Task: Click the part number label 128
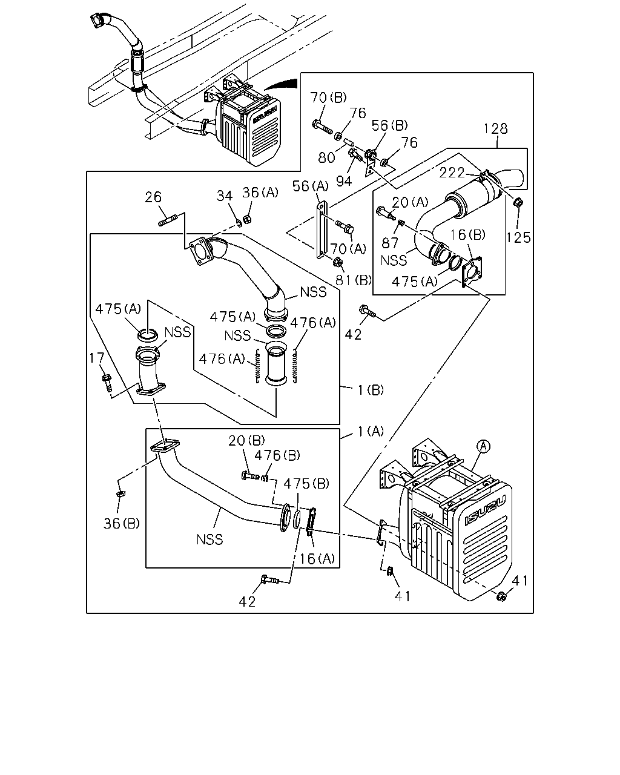(495, 128)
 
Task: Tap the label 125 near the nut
(518, 237)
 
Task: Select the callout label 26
(153, 197)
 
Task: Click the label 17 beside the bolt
(97, 358)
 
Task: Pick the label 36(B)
(122, 523)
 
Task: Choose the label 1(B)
(371, 390)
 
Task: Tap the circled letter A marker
(483, 446)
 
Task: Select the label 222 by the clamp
(452, 173)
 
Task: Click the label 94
(344, 182)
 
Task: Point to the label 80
(326, 157)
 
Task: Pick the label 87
(390, 243)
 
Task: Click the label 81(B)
(354, 280)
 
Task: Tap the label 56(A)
(311, 186)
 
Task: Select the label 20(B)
(247, 440)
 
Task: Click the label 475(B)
(306, 484)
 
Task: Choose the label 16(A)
(317, 559)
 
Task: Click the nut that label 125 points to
(517, 202)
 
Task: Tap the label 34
(225, 196)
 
